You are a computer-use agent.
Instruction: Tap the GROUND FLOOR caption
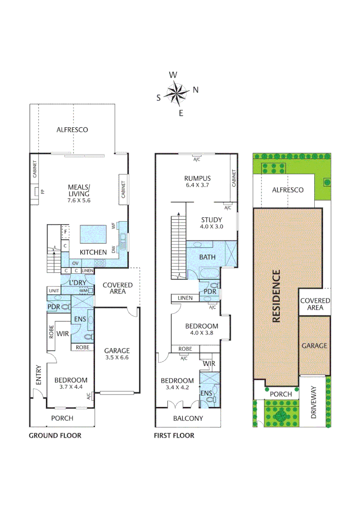(x=55, y=435)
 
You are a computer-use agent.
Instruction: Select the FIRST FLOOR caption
(x=174, y=435)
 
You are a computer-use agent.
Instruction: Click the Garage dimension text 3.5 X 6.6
(x=116, y=358)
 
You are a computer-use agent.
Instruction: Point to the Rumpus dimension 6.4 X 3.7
(x=197, y=186)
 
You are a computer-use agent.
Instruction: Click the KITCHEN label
(x=93, y=253)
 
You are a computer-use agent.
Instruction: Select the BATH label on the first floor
(x=207, y=257)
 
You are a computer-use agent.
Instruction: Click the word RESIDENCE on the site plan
(x=276, y=296)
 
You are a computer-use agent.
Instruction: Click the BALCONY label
(x=188, y=418)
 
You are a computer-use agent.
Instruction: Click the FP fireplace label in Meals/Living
(x=42, y=192)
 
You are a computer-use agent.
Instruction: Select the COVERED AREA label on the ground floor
(x=117, y=288)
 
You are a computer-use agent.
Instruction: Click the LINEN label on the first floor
(x=185, y=298)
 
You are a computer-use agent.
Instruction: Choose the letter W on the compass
(x=173, y=75)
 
